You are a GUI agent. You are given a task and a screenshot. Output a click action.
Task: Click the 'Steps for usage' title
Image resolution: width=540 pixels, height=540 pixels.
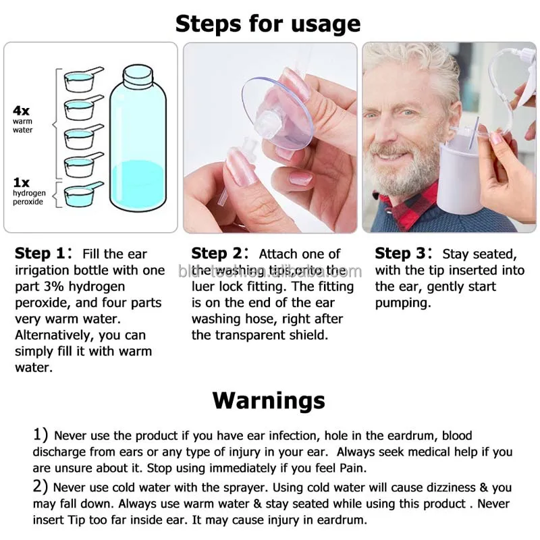268,24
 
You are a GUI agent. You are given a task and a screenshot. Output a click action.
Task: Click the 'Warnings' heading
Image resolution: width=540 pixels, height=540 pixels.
268,400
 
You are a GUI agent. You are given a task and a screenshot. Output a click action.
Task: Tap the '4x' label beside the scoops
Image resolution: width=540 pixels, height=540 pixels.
21,110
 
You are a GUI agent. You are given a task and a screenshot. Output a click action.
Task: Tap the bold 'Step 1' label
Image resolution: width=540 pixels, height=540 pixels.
42,254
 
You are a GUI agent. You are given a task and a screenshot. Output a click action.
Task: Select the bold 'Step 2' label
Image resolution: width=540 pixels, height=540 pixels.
218,254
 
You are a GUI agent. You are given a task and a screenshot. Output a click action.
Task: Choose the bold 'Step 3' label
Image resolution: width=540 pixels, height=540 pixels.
402,254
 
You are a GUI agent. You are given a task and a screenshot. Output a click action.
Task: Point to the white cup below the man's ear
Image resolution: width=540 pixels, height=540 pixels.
461,175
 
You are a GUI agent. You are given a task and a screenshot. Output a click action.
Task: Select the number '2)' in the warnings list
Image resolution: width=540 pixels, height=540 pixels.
41,487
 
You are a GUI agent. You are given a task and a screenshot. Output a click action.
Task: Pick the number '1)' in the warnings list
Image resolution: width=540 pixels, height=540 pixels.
41,435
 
